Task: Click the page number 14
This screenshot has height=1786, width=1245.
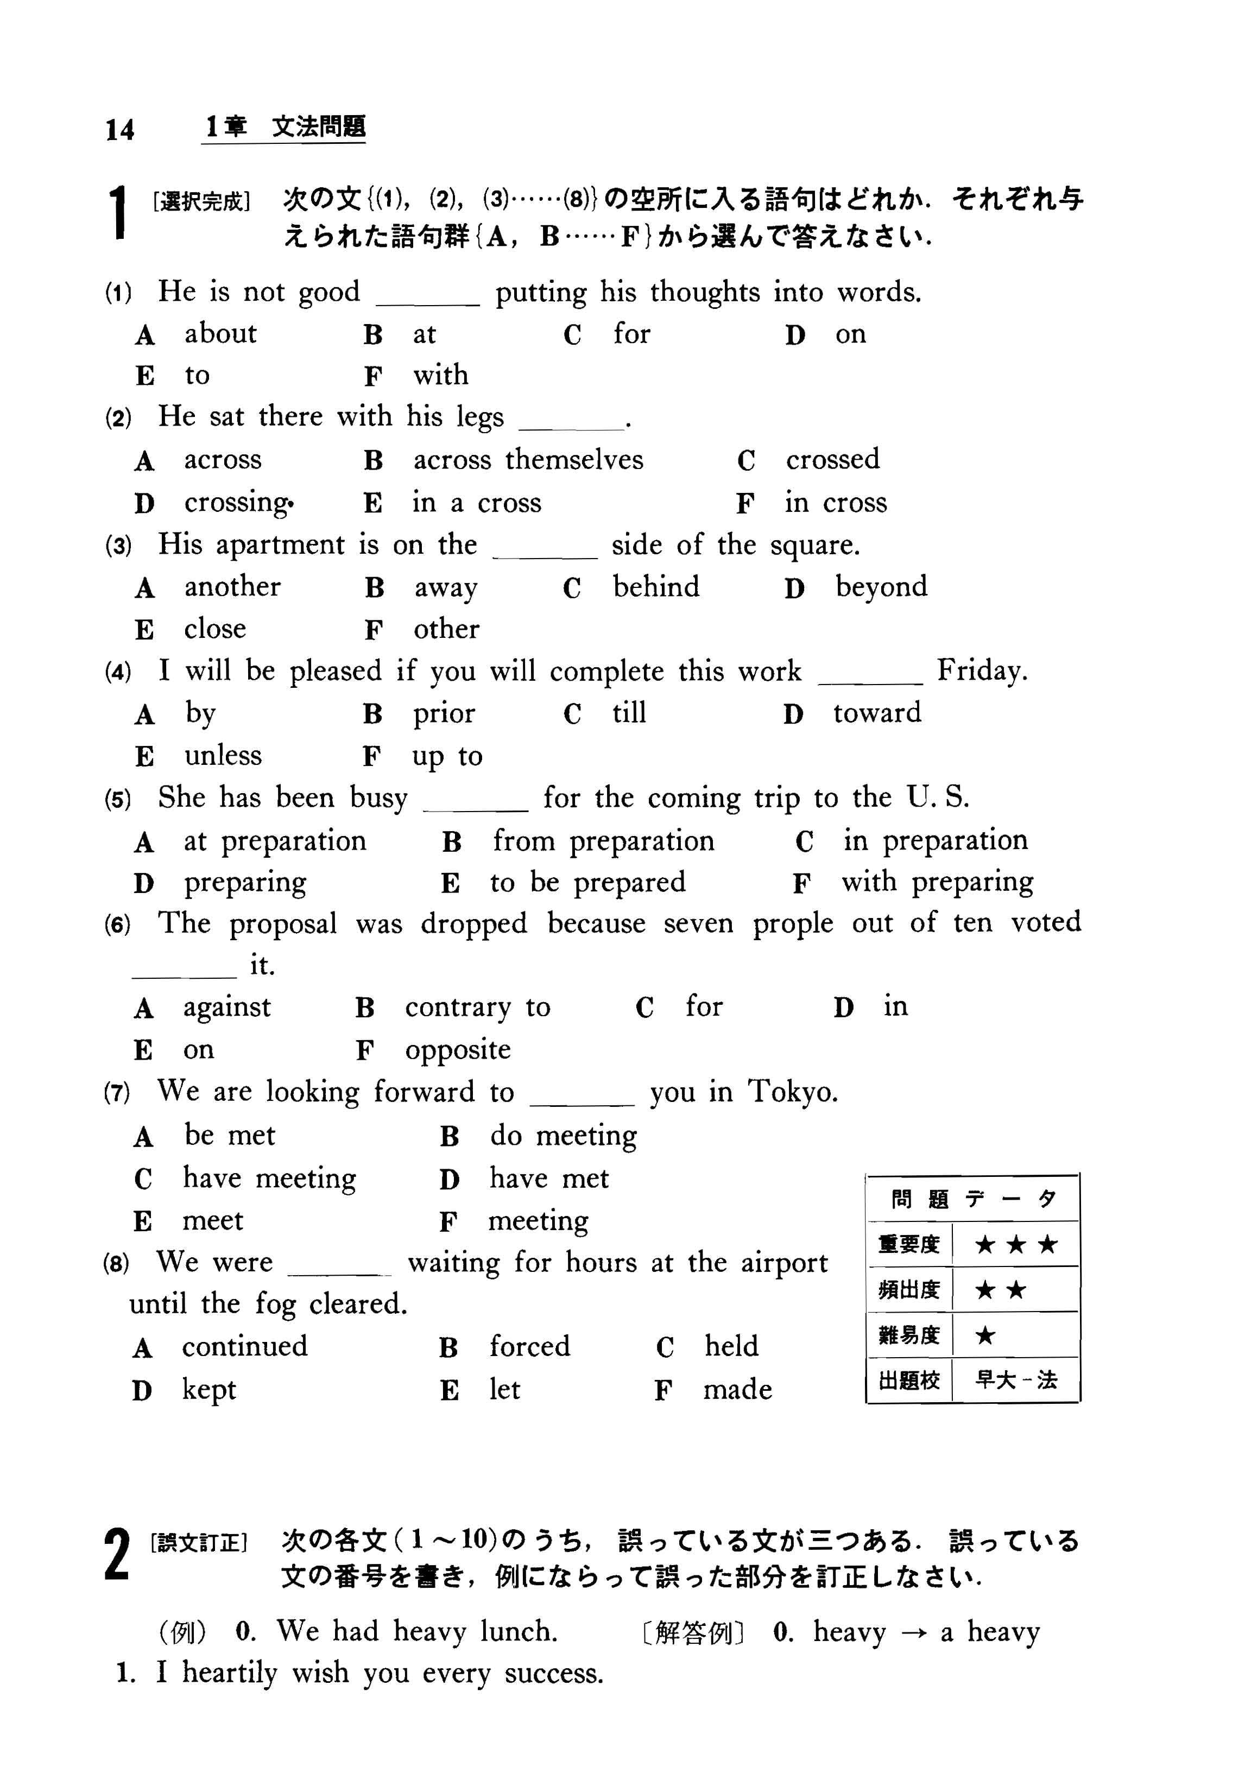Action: (x=120, y=129)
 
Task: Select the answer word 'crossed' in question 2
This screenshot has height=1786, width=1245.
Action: (x=832, y=460)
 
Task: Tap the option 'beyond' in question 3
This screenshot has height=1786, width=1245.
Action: (x=881, y=587)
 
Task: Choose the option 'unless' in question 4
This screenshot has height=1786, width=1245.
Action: (x=223, y=755)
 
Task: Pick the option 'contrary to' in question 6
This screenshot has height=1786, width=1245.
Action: (x=477, y=1008)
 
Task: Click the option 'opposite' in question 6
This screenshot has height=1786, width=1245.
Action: (x=458, y=1050)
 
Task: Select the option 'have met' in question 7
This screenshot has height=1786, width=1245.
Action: (x=548, y=1179)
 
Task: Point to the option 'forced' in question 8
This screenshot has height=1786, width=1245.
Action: (x=529, y=1346)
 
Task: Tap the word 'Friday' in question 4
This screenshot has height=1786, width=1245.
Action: (x=981, y=670)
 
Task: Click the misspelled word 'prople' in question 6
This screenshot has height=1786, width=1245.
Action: (x=792, y=923)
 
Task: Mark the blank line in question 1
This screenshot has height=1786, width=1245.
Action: (x=427, y=304)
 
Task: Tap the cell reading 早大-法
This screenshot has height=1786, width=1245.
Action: (x=1015, y=1380)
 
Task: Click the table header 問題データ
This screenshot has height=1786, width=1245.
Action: (x=972, y=1199)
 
